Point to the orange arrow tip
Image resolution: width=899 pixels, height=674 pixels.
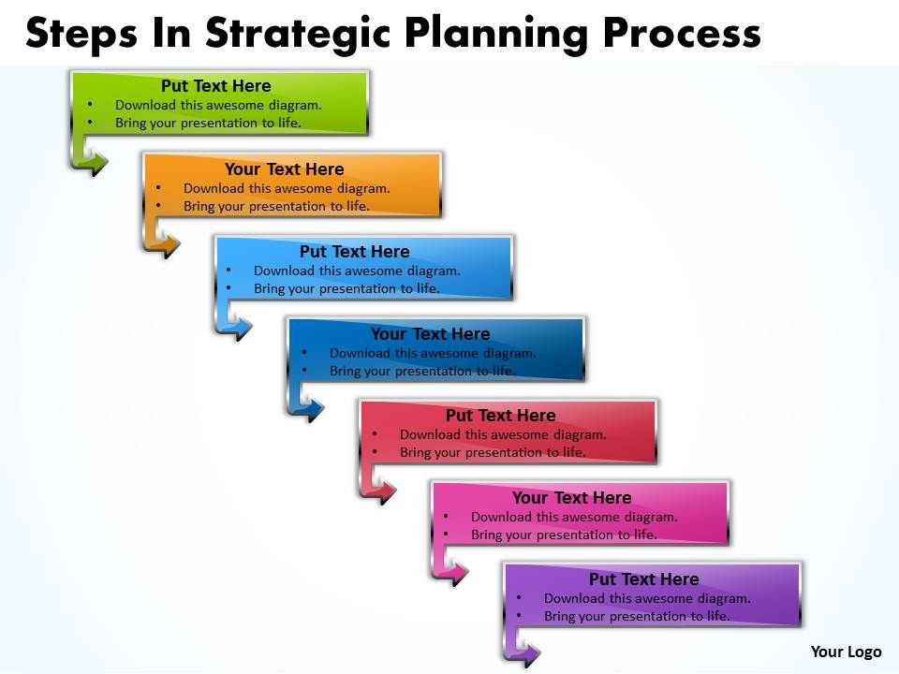174,246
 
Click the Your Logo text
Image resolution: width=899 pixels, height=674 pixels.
846,652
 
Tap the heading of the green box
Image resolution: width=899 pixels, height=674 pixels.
216,86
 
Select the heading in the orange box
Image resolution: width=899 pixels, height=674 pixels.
285,169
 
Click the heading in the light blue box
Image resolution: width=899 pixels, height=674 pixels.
355,252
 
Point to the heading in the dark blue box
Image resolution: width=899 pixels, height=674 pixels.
431,334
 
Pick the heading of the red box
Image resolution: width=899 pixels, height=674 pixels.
501,416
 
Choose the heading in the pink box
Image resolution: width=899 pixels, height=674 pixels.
572,498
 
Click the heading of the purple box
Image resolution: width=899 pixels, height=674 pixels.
644,579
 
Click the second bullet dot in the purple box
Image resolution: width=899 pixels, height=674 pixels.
517,617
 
